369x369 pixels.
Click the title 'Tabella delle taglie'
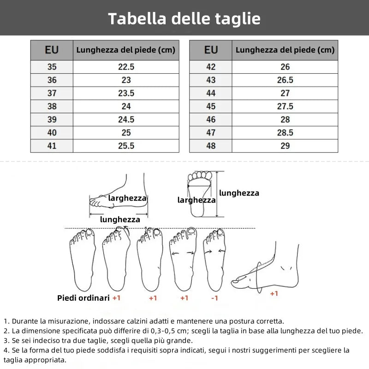tap(184, 18)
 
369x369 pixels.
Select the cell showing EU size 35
tap(52, 67)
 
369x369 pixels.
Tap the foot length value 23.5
tap(126, 93)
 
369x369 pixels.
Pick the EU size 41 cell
tap(52, 146)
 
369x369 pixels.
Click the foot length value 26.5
tap(285, 80)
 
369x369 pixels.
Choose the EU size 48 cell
tap(211, 146)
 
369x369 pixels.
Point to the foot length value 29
tap(285, 146)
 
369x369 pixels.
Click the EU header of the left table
tap(52, 50)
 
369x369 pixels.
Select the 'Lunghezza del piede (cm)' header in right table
tap(285, 50)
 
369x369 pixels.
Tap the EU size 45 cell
tap(211, 106)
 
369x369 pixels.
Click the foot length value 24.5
tap(126, 119)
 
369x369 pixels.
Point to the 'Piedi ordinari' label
tap(83, 298)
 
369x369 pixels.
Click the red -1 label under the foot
tap(214, 298)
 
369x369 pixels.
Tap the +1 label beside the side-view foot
tap(274, 293)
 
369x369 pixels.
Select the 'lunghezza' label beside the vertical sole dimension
tap(239, 193)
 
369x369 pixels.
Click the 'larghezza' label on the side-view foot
tap(127, 198)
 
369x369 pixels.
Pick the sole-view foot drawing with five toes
tap(201, 194)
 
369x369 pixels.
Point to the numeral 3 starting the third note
tap(6, 340)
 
